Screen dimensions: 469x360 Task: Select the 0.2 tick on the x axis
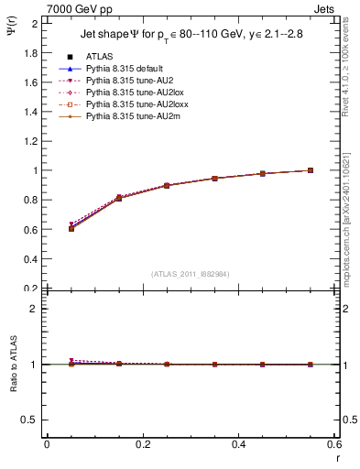click(x=143, y=445)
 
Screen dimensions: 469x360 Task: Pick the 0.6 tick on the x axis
click(x=334, y=445)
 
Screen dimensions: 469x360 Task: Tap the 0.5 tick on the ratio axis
click(x=30, y=420)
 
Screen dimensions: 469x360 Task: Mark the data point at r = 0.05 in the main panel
click(x=71, y=228)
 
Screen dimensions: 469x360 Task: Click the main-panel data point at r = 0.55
click(x=311, y=170)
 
